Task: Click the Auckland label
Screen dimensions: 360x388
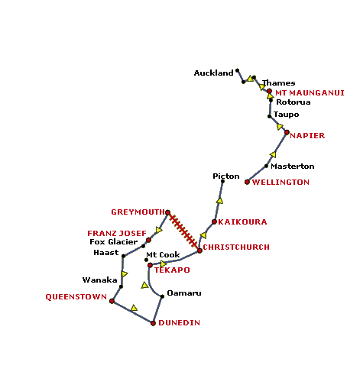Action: coord(213,73)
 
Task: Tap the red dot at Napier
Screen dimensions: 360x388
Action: coord(287,132)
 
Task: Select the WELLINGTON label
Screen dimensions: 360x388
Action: coord(281,183)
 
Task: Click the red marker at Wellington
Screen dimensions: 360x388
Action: coord(247,182)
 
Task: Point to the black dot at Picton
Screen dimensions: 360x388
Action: coord(222,181)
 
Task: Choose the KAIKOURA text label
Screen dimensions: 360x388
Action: coord(242,222)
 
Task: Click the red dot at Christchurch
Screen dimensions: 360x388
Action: coord(199,251)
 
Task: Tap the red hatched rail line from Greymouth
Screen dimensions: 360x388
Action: coord(183,231)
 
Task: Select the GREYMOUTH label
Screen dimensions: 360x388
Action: coord(138,212)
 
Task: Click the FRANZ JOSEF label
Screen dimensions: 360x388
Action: coord(117,234)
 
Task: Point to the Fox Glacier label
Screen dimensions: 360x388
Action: coord(114,242)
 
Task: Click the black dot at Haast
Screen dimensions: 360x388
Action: coord(123,256)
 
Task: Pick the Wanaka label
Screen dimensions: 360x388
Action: coord(99,280)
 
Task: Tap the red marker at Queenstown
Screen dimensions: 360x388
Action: coord(112,301)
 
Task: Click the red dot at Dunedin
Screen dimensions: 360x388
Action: coord(153,323)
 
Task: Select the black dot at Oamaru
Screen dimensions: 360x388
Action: coord(162,296)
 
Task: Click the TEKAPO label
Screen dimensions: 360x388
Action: coord(172,270)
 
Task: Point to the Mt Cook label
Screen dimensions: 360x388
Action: coord(163,255)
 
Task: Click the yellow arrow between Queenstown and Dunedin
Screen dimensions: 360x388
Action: coord(134,308)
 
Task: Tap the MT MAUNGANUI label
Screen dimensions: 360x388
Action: coord(310,93)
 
